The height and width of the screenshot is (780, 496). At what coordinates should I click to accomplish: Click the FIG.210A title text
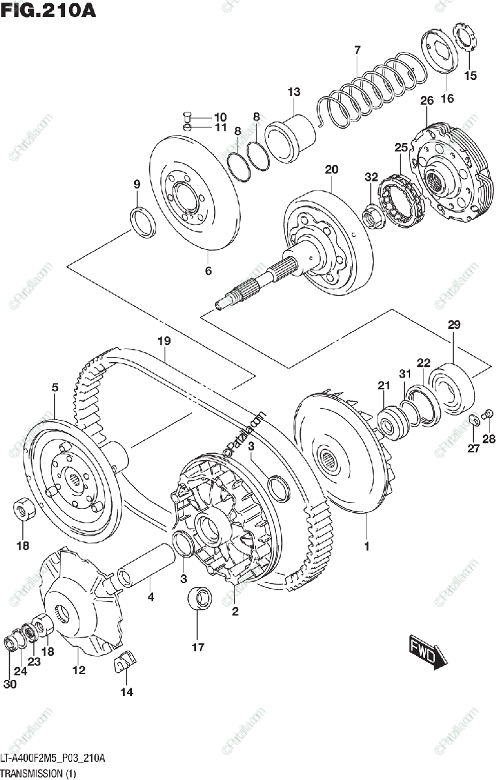(48, 11)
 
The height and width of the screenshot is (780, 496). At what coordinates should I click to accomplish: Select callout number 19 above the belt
(163, 341)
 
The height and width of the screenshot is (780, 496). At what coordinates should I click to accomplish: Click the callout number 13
(294, 92)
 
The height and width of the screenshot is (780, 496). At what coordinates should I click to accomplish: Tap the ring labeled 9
(143, 221)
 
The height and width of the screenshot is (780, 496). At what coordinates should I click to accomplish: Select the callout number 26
(426, 101)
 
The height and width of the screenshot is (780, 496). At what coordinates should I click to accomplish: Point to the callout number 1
(366, 547)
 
